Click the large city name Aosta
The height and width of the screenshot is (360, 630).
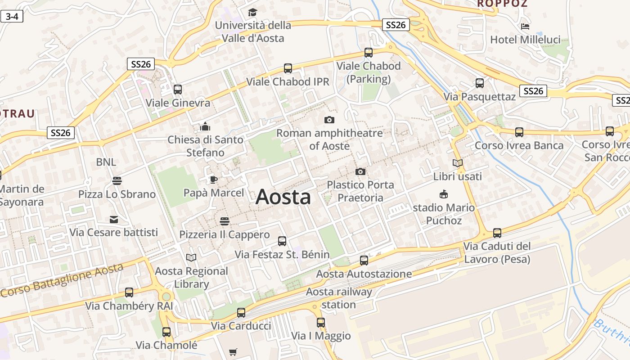pyautogui.click(x=283, y=197)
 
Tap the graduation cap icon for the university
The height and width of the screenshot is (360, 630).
pyautogui.click(x=252, y=12)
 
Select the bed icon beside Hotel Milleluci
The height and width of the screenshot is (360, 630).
pyautogui.click(x=525, y=27)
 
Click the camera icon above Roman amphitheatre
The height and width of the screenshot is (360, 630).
pyautogui.click(x=329, y=120)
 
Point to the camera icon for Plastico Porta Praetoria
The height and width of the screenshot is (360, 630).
pyautogui.click(x=360, y=171)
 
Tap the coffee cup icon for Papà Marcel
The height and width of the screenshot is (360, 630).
pyautogui.click(x=214, y=180)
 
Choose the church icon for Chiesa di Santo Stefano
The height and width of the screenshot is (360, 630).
pyautogui.click(x=205, y=126)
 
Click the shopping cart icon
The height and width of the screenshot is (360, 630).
pyautogui.click(x=233, y=352)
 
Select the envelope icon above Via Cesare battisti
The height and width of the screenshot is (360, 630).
pyautogui.click(x=114, y=220)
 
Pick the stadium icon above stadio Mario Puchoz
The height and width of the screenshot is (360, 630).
pyautogui.click(x=444, y=194)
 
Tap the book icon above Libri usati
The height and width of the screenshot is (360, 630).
pyautogui.click(x=458, y=163)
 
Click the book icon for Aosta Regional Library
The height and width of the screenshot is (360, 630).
pyautogui.click(x=191, y=257)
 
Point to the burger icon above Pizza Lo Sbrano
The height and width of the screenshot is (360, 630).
pyautogui.click(x=117, y=181)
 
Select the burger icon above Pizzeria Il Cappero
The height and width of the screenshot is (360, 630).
pyautogui.click(x=225, y=221)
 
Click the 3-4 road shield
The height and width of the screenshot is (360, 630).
pyautogui.click(x=12, y=17)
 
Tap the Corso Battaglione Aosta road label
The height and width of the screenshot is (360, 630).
pyautogui.click(x=62, y=280)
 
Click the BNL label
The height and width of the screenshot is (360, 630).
pyautogui.click(x=106, y=162)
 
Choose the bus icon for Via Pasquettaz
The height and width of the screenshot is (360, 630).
pyautogui.click(x=480, y=83)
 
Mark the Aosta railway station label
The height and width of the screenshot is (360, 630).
pyautogui.click(x=339, y=298)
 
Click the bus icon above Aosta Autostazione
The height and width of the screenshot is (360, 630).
pyautogui.click(x=364, y=260)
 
